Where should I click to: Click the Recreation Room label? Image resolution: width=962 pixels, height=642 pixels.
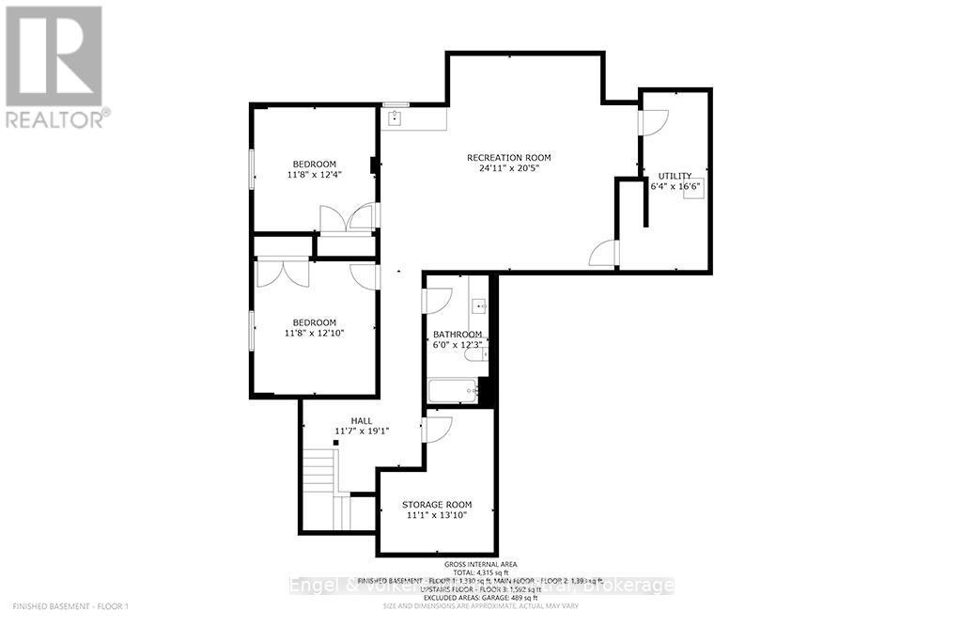click(508, 157)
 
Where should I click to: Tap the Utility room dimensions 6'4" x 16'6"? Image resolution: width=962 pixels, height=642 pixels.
click(675, 186)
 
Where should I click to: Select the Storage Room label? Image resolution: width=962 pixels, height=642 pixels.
click(435, 504)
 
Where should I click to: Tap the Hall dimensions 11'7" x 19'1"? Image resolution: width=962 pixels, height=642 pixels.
click(362, 431)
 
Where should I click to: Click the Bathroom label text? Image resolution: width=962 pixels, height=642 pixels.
click(457, 335)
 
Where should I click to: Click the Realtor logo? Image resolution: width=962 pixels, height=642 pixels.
click(54, 66)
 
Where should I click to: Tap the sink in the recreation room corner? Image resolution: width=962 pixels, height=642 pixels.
click(396, 117)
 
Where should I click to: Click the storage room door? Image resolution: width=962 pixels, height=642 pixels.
click(438, 429)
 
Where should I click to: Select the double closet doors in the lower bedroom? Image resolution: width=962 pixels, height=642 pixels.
click(283, 273)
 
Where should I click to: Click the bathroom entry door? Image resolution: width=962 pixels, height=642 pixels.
click(438, 300)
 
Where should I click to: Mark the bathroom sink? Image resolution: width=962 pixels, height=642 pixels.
click(479, 305)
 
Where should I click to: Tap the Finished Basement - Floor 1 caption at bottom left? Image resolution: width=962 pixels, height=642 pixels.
click(70, 606)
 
